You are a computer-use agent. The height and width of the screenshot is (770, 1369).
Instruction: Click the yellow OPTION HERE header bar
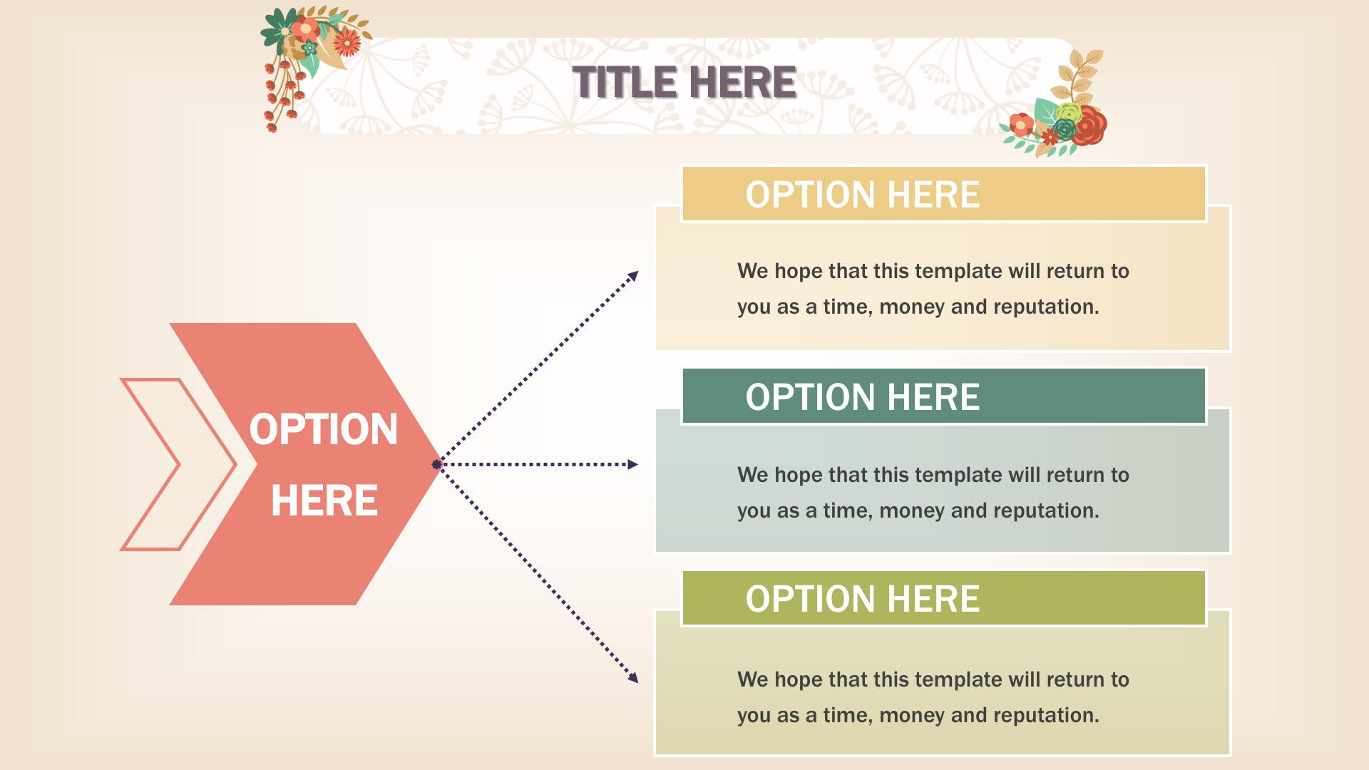pos(943,194)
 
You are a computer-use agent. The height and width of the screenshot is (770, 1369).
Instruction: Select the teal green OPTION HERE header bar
pos(943,396)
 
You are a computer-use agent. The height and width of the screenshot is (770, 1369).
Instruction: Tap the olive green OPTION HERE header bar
pos(943,598)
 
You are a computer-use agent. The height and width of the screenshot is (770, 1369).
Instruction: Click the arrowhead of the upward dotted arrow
pos(632,276)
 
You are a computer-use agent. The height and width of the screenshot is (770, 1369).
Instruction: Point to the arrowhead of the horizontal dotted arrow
pos(632,465)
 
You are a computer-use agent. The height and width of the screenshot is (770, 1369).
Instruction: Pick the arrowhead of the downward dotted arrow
pos(632,677)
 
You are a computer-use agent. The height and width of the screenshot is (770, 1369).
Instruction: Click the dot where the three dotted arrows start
pos(437,465)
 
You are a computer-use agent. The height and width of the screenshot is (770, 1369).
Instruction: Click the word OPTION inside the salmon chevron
pos(324,429)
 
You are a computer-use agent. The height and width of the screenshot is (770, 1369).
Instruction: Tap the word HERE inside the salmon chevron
pos(324,500)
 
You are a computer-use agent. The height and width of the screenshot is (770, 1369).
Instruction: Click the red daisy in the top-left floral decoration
pos(347,41)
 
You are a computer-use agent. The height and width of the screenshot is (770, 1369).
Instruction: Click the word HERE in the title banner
pos(743,82)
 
